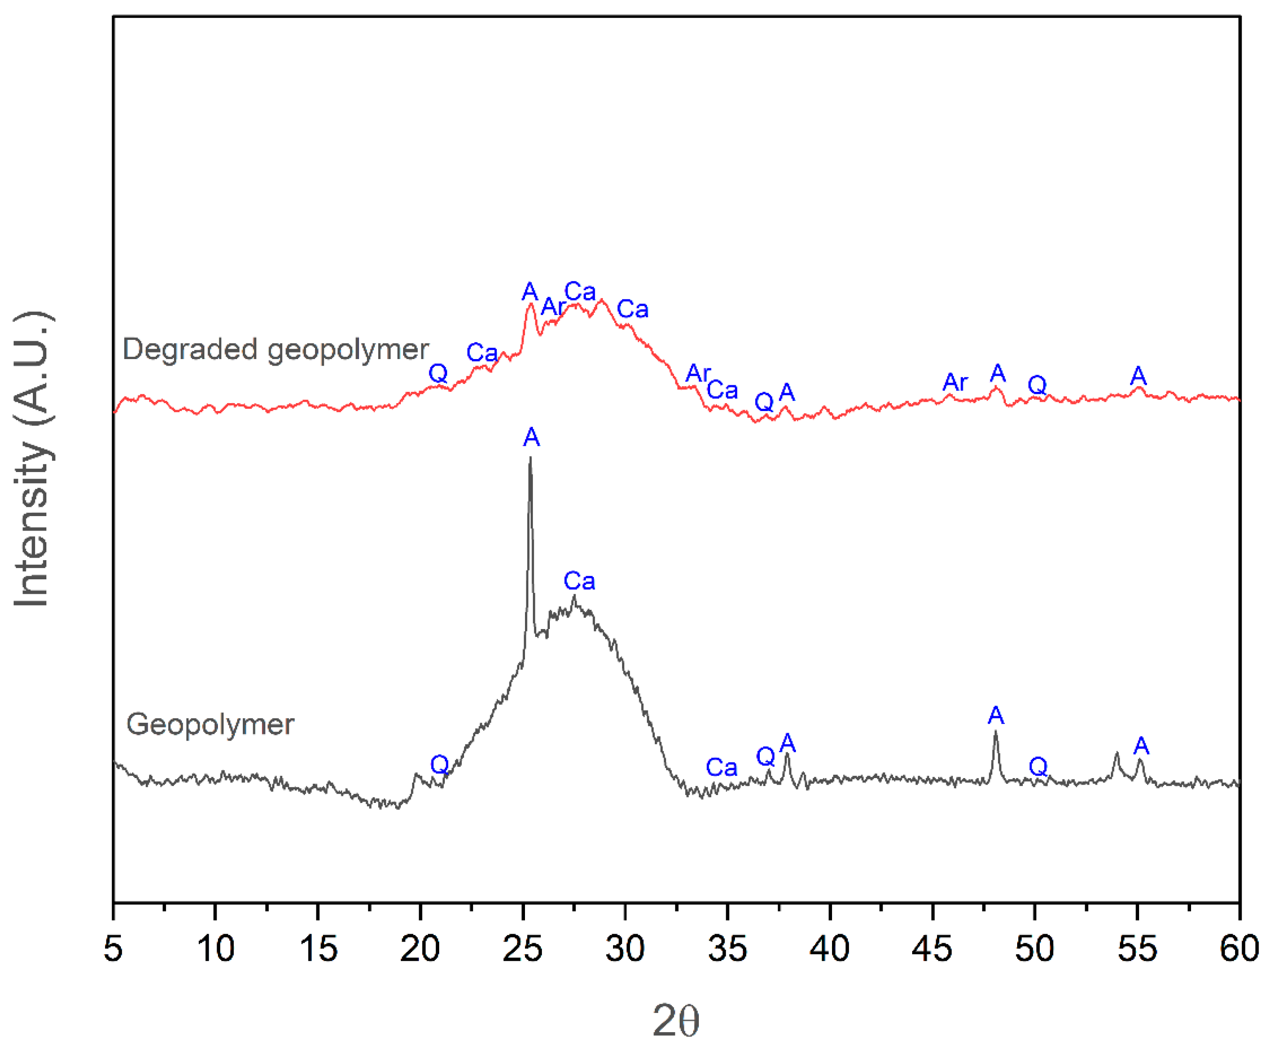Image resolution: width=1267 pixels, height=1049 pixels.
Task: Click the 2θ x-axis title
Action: [676, 1021]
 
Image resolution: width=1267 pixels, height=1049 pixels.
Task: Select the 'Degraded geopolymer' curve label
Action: [275, 350]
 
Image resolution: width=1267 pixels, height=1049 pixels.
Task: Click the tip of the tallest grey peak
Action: [530, 458]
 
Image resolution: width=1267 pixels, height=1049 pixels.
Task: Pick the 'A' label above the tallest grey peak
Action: [531, 437]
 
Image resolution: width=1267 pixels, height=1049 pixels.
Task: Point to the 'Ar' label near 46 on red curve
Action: [955, 382]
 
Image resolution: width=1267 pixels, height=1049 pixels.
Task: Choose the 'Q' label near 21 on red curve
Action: [438, 374]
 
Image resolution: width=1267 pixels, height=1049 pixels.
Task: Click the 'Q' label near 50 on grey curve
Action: [1038, 767]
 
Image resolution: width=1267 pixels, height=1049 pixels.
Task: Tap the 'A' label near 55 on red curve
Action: [1138, 376]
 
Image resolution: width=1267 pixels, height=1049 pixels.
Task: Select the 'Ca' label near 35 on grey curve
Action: [721, 768]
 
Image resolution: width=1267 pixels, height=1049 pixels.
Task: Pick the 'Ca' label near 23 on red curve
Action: [482, 353]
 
